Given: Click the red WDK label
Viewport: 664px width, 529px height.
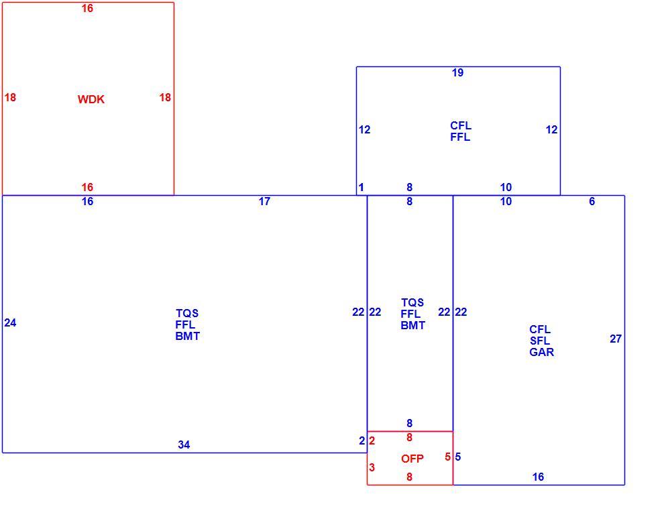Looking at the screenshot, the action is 91,99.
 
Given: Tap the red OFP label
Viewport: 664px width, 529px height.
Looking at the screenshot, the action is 412,459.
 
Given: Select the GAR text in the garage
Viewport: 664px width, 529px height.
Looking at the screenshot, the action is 542,352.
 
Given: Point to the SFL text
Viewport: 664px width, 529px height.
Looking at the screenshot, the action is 540,341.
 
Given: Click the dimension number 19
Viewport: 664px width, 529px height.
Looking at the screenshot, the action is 457,73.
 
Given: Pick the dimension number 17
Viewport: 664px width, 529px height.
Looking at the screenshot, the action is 264,201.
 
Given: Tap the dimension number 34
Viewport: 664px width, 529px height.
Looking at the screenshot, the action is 184,445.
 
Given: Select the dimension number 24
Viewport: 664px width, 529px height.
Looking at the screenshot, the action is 10,323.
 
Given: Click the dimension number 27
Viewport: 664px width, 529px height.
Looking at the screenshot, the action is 616,339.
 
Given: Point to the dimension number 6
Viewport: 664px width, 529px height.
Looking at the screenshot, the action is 592,201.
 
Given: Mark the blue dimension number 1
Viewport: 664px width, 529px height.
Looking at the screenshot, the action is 362,187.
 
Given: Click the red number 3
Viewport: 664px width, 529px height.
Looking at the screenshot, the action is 372,467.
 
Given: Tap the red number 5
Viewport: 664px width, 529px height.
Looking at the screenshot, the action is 447,457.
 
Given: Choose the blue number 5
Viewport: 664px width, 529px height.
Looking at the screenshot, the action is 458,457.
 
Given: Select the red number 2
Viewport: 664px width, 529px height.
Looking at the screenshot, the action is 372,441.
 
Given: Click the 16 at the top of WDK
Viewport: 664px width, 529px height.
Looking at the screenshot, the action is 87,9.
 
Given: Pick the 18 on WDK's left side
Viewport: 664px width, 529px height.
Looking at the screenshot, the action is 10,98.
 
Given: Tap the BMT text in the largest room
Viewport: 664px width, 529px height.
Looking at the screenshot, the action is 188,337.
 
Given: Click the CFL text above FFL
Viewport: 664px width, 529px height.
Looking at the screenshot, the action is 461,125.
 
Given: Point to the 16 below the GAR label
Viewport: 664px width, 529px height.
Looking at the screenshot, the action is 538,477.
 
